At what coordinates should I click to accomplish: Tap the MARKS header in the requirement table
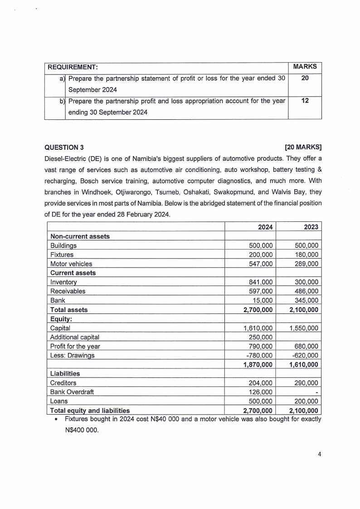(x=305, y=67)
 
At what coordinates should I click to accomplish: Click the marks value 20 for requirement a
(x=305, y=78)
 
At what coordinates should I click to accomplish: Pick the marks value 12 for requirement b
(x=305, y=100)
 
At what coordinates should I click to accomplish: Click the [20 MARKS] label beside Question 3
(x=303, y=147)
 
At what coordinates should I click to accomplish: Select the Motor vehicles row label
(x=71, y=264)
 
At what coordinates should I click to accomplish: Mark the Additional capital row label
(x=75, y=337)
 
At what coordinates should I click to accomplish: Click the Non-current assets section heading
(x=80, y=236)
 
